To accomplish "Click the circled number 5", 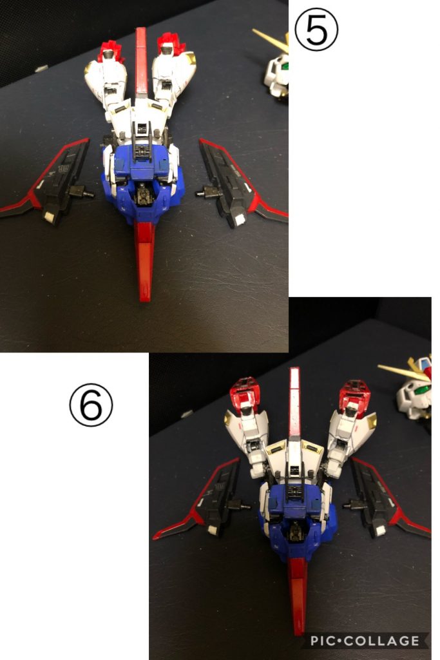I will pyautogui.click(x=316, y=32).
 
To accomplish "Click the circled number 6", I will pyautogui.click(x=91, y=407).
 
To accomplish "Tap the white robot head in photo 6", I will pyautogui.click(x=416, y=390).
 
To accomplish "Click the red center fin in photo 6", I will pyautogui.click(x=295, y=400).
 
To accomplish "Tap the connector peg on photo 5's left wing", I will pyautogui.click(x=82, y=192).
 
